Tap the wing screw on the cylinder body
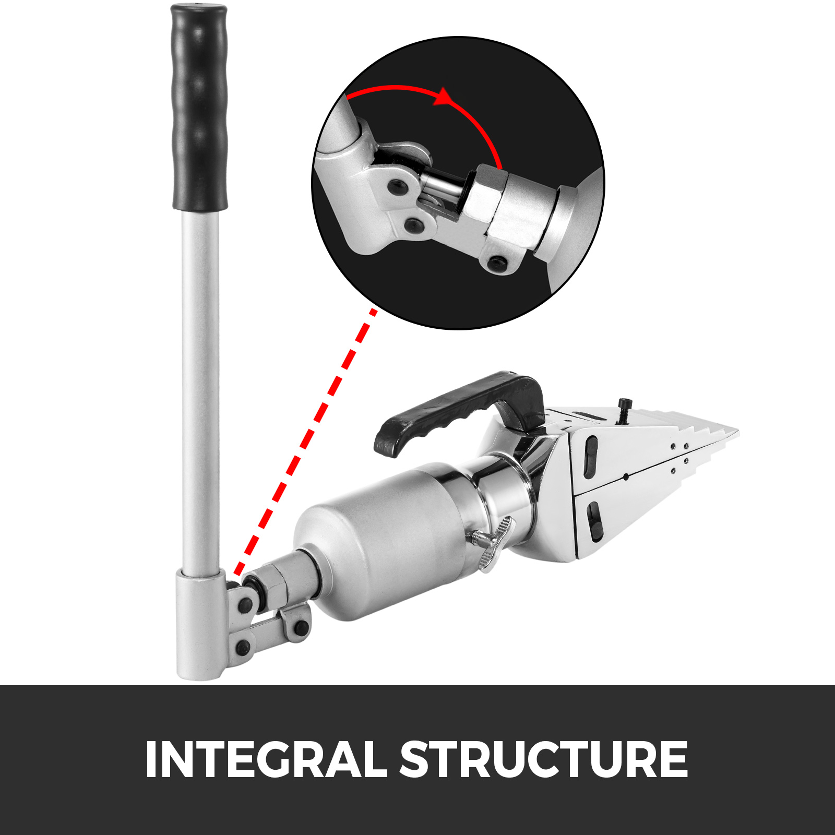493,543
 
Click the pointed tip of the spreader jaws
733,433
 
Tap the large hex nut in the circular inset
485,201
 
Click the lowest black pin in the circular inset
496,263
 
